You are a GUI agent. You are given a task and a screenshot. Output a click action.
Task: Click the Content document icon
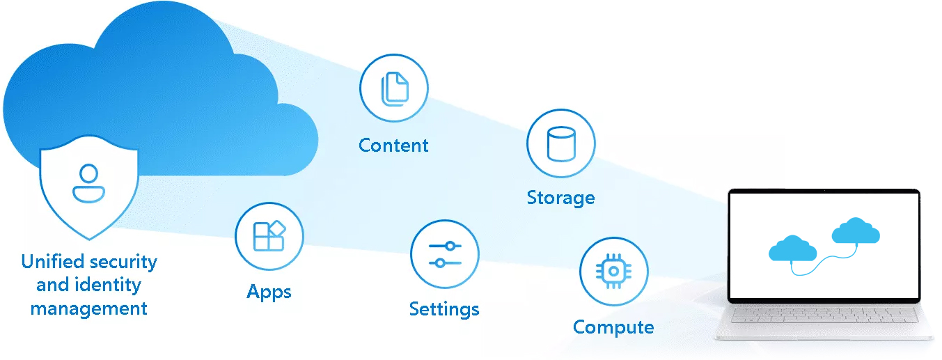393,88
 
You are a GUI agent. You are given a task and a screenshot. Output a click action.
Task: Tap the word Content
393,146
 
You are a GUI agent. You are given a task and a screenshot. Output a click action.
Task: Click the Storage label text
560,198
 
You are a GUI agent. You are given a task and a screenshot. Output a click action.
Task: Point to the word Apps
269,292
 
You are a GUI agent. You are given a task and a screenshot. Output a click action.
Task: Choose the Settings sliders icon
444,254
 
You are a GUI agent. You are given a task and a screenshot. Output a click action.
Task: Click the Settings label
444,309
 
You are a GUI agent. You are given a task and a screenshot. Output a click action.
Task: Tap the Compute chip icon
613,272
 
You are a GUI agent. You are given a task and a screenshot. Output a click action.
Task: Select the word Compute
613,327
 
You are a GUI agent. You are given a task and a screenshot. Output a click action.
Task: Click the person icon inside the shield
88,183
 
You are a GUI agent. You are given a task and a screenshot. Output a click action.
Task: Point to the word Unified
51,262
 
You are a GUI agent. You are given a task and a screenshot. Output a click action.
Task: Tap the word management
88,308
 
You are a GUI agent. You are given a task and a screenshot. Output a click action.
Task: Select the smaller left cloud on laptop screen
792,249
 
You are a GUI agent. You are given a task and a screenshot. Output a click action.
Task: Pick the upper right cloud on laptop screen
856,230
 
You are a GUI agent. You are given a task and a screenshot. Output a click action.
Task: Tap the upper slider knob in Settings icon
450,246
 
